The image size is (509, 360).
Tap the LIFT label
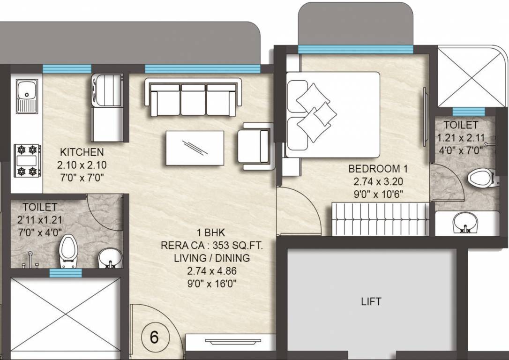pos(371,301)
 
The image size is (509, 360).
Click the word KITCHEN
pos(82,152)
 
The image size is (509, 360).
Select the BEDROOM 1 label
pos(374,169)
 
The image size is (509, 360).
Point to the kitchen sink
pos(26,96)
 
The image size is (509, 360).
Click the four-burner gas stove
pos(27,161)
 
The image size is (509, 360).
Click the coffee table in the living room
pos(195,148)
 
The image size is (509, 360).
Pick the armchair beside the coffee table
pos(253,146)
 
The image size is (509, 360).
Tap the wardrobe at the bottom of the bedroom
pos(380,219)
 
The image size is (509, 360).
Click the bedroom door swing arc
pos(300,211)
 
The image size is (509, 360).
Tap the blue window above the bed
pos(355,49)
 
